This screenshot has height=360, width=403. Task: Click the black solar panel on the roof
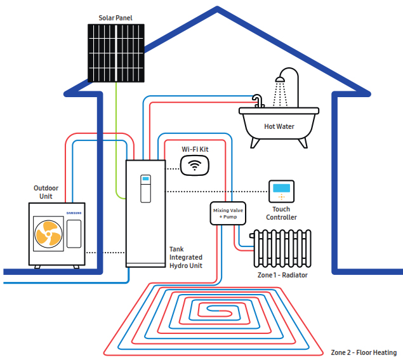click(116, 53)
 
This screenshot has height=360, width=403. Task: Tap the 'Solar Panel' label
click(116, 17)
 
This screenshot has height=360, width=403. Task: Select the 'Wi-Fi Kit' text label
click(195, 149)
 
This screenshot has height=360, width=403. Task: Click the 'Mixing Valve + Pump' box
click(228, 213)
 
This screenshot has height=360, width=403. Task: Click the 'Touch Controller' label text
click(281, 213)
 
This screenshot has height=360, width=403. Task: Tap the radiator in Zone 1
click(282, 248)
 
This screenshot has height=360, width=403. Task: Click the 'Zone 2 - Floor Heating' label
click(364, 352)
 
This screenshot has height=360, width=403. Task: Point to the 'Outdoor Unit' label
click(46, 192)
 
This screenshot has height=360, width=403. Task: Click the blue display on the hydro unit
click(145, 179)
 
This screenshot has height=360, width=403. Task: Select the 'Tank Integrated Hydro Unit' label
click(185, 258)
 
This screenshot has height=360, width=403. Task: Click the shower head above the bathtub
click(279, 80)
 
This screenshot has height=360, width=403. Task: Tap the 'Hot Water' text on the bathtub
click(279, 126)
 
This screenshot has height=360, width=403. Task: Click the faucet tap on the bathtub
click(257, 100)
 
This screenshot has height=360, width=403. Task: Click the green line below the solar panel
click(116, 140)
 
